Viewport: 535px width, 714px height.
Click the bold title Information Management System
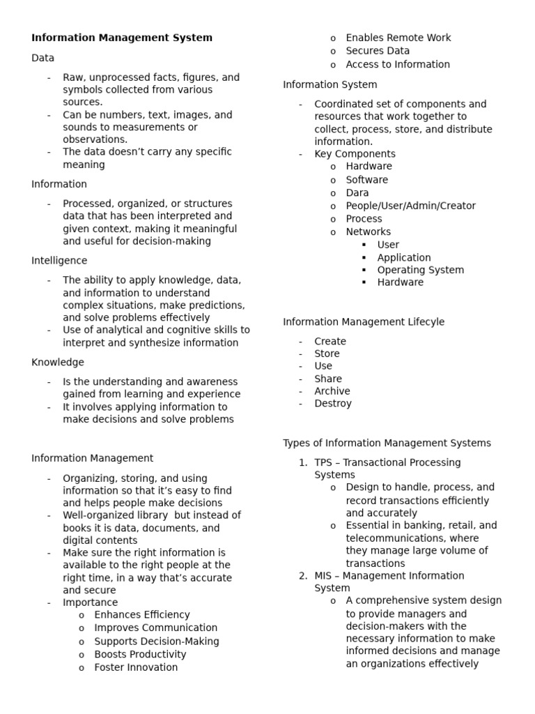122,38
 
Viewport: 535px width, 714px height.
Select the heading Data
42,58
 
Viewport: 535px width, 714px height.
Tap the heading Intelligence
59,261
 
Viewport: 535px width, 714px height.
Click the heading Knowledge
57,363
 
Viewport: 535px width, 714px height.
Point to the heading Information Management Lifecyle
363,322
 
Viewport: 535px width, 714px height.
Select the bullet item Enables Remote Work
398,38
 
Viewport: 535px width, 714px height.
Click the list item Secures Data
378,51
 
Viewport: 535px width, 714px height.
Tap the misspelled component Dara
357,192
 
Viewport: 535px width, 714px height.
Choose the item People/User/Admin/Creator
410,206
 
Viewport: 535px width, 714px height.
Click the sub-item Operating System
420,270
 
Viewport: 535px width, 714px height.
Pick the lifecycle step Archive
332,391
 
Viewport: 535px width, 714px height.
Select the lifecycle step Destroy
333,404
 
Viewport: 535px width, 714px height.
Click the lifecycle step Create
329,342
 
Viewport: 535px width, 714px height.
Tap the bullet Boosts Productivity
140,654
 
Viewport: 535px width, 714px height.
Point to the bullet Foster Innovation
136,667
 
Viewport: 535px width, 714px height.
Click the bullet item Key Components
355,154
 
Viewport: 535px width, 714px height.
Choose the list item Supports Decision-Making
156,641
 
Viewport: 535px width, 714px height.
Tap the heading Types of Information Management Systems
387,443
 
